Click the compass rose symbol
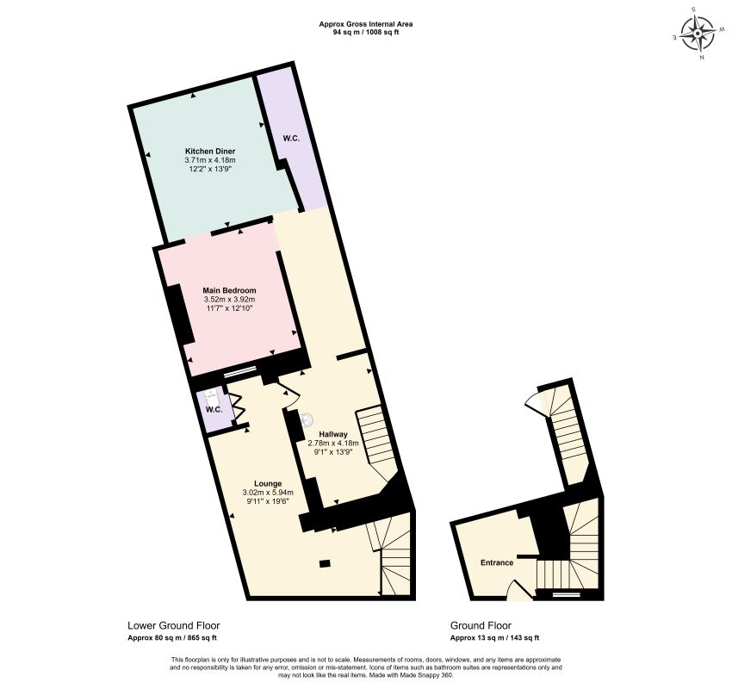point(697,34)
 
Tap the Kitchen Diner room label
point(210,152)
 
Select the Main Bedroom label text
point(229,290)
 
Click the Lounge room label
point(268,484)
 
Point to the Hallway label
point(333,434)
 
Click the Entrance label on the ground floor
point(497,562)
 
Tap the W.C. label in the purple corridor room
point(291,139)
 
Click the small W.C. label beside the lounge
point(214,410)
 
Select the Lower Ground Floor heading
point(174,625)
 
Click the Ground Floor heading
point(481,625)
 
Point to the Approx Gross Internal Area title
point(366,24)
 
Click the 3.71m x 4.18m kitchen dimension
point(210,160)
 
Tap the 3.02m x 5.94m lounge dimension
point(268,493)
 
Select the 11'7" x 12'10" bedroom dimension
point(229,308)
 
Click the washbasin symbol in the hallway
point(307,420)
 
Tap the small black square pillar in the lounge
point(325,563)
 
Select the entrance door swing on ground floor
point(519,589)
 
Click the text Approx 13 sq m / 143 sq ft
point(494,638)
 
